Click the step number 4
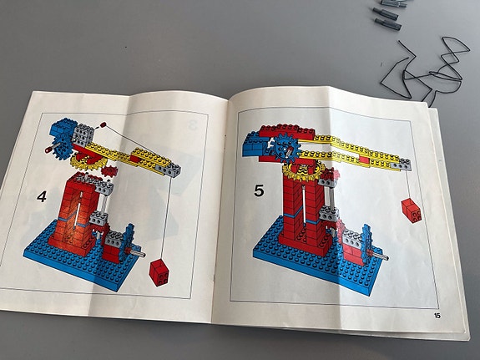pyautogui.click(x=42, y=196)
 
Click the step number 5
pyautogui.click(x=259, y=191)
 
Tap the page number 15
pyautogui.click(x=437, y=315)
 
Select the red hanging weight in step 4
pyautogui.click(x=159, y=272)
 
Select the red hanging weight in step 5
pyautogui.click(x=412, y=210)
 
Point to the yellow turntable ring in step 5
pyautogui.click(x=303, y=172)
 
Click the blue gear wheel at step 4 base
pyautogui.click(x=128, y=242)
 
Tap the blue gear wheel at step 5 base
pyautogui.click(x=367, y=244)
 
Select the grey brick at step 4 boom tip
pyautogui.click(x=169, y=170)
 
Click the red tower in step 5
pyautogui.click(x=302, y=211)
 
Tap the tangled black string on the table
pyautogui.click(x=426, y=71)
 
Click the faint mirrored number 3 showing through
pyautogui.click(x=192, y=125)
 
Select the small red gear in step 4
pyautogui.click(x=109, y=171)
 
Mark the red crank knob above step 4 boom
pyautogui.click(x=104, y=124)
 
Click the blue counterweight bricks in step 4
pyautogui.click(x=63, y=129)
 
